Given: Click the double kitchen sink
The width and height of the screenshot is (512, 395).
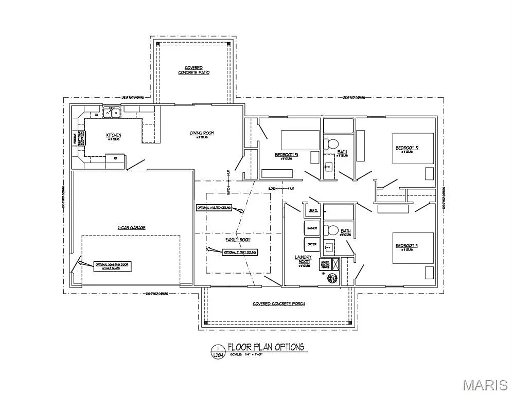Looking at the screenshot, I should (x=111, y=113).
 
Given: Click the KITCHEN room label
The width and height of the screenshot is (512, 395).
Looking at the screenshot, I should (x=114, y=135).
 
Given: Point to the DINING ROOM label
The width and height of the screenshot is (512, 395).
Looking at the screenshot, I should (x=201, y=133).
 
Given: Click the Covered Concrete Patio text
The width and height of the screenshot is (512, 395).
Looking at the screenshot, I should (x=193, y=70).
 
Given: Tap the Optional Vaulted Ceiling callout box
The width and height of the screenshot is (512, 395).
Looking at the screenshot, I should (x=214, y=208).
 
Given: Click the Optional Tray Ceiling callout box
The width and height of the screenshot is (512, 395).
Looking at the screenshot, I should (x=239, y=252).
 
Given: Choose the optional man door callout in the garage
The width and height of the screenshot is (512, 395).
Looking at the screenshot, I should (x=111, y=266).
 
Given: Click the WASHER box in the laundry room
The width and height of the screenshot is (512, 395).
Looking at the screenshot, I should (x=312, y=227).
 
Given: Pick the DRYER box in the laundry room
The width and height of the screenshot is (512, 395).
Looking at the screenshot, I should (x=312, y=244).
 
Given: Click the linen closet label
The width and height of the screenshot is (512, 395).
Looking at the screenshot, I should (x=313, y=210).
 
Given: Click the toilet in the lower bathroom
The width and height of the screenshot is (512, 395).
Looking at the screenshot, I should (x=332, y=230).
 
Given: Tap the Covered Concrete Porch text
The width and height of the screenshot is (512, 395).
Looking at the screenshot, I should (x=278, y=304).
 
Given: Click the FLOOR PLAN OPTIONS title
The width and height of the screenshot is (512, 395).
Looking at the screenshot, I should (x=266, y=347).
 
